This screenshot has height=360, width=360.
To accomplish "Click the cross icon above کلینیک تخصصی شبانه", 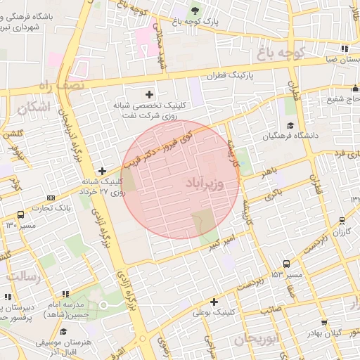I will click(x=149, y=94).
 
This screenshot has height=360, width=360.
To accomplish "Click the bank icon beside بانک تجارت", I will click(x=51, y=198).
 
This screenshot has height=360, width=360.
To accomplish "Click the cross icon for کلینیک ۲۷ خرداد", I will click(x=103, y=171).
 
